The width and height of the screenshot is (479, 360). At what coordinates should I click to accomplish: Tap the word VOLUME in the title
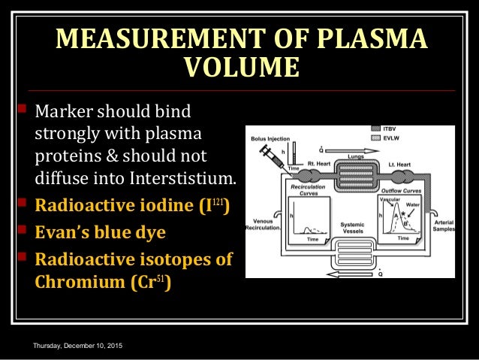[x=239, y=69]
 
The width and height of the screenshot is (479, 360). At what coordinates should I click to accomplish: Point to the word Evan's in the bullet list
[x=62, y=231]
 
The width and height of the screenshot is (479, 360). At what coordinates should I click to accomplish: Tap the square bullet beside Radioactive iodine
[x=22, y=203]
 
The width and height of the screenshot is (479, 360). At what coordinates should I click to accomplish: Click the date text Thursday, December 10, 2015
[x=74, y=345]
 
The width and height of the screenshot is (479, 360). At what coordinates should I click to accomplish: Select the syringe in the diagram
[x=267, y=157]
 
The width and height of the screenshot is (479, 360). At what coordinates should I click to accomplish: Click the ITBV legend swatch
[x=375, y=129]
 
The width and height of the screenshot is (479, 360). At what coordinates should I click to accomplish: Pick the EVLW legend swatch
[x=375, y=138]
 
